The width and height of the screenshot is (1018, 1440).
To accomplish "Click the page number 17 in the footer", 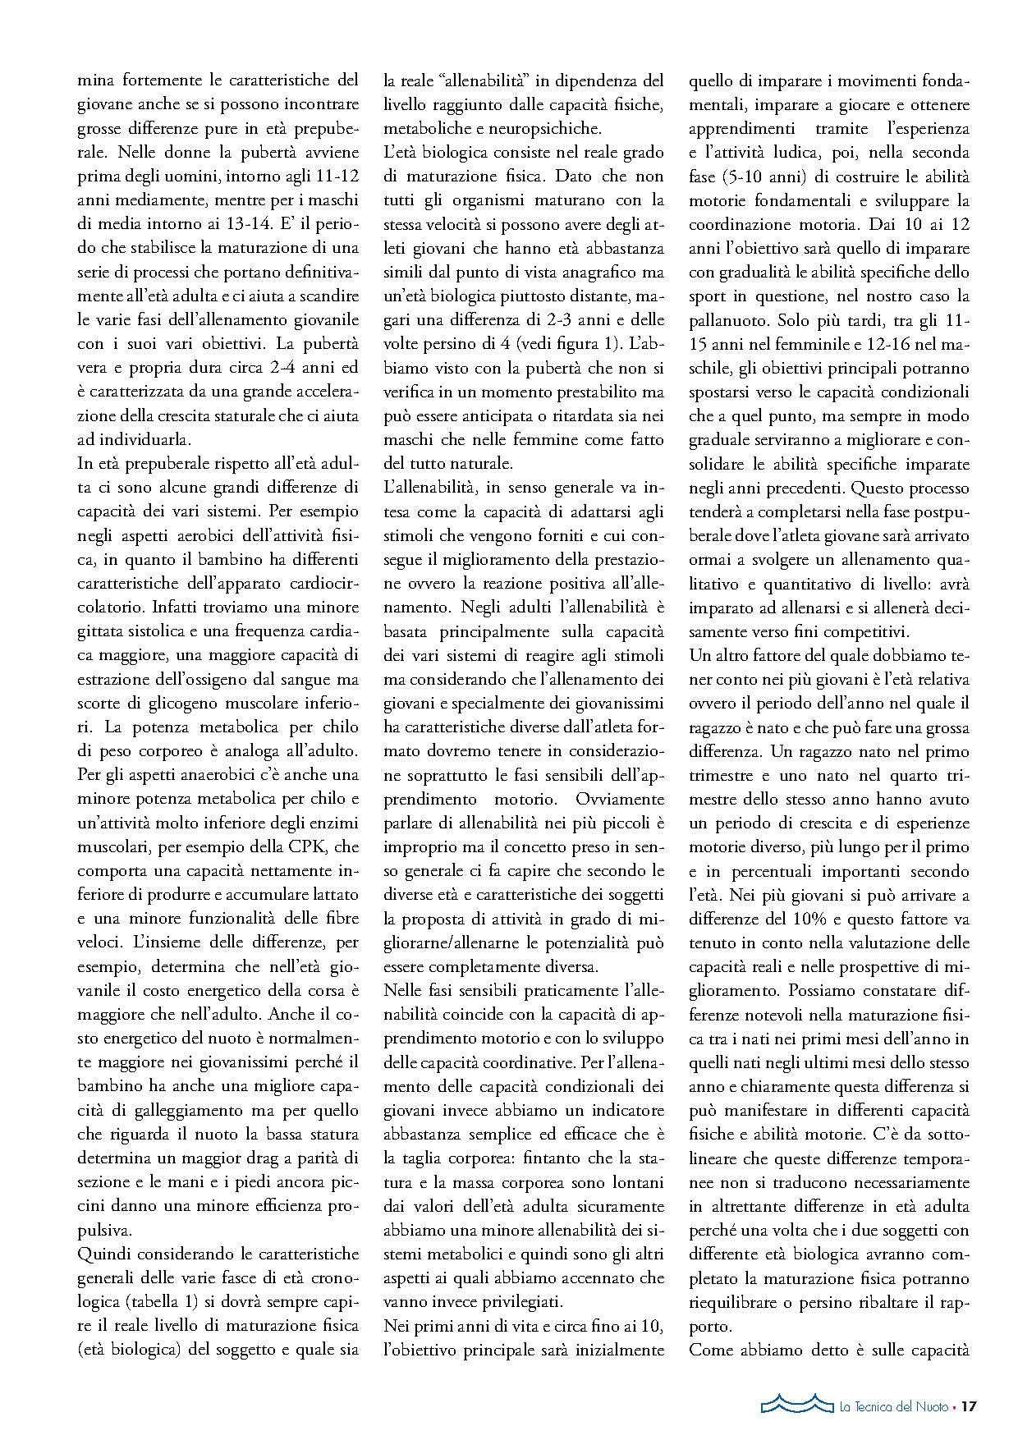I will pyautogui.click(x=969, y=1406).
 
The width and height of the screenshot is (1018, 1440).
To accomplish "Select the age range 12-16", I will pyautogui.click(x=899, y=344).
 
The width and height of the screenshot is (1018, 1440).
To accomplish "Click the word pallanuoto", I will pyautogui.click(x=727, y=319).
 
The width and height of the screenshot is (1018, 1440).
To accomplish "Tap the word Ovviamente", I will pyautogui.click(x=620, y=799).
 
